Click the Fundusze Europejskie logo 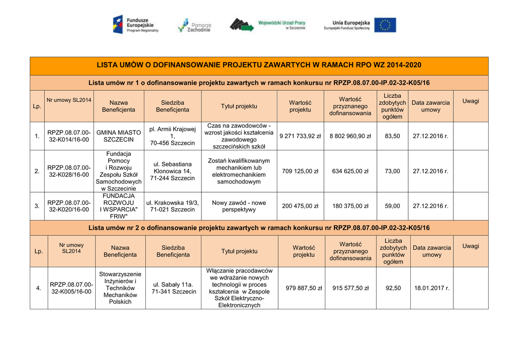pos(135,24)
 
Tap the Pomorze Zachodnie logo pos(194,25)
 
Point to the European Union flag pos(385,25)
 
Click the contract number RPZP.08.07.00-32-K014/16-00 pos(69,136)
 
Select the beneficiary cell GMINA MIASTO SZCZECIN pos(119,136)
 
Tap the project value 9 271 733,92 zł pos(300,136)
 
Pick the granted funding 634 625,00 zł pos(350,171)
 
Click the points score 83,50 pos(392,136)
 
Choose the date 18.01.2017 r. pos(432,288)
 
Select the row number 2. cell pos(37,171)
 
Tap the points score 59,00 pos(392,206)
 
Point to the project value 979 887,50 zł pos(304,288)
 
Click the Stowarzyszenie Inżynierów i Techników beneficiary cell pos(120,288)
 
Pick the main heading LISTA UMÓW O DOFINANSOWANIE pos(259,65)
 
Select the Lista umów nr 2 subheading pos(259,228)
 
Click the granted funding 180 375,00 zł pos(350,206)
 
